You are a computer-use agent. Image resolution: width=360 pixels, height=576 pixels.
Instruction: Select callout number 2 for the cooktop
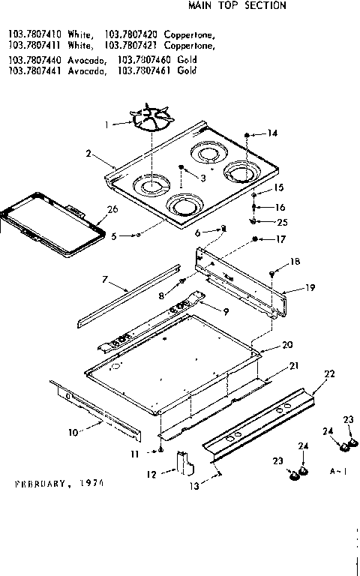[x=88, y=154]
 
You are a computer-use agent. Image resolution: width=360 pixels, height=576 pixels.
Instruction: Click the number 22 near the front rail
[x=328, y=373]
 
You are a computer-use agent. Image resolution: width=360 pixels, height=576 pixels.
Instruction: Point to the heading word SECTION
[x=268, y=5]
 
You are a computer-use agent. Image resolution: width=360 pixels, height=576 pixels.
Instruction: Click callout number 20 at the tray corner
[x=287, y=345]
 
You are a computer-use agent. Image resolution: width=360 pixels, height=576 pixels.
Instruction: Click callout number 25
[x=281, y=222]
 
